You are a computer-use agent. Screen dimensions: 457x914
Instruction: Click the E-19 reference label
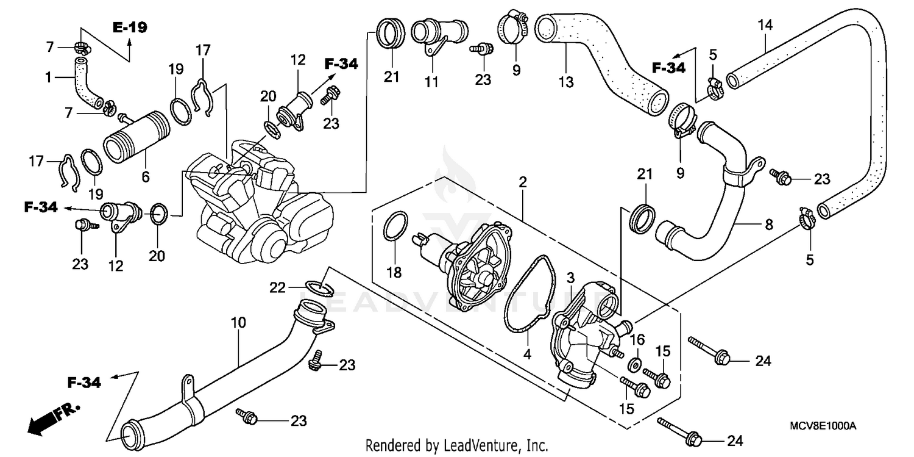(129, 27)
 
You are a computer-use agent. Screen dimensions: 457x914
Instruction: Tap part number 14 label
(765, 25)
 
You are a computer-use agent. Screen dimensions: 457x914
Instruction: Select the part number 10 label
(238, 322)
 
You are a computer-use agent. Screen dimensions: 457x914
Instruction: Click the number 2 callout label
(523, 182)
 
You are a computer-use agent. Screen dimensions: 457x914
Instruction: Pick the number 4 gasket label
(528, 353)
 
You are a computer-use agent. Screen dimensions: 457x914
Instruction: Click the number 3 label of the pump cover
(571, 278)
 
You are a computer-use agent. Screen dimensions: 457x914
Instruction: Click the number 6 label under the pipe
(145, 176)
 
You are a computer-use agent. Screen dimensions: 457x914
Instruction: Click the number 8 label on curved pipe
(768, 225)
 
